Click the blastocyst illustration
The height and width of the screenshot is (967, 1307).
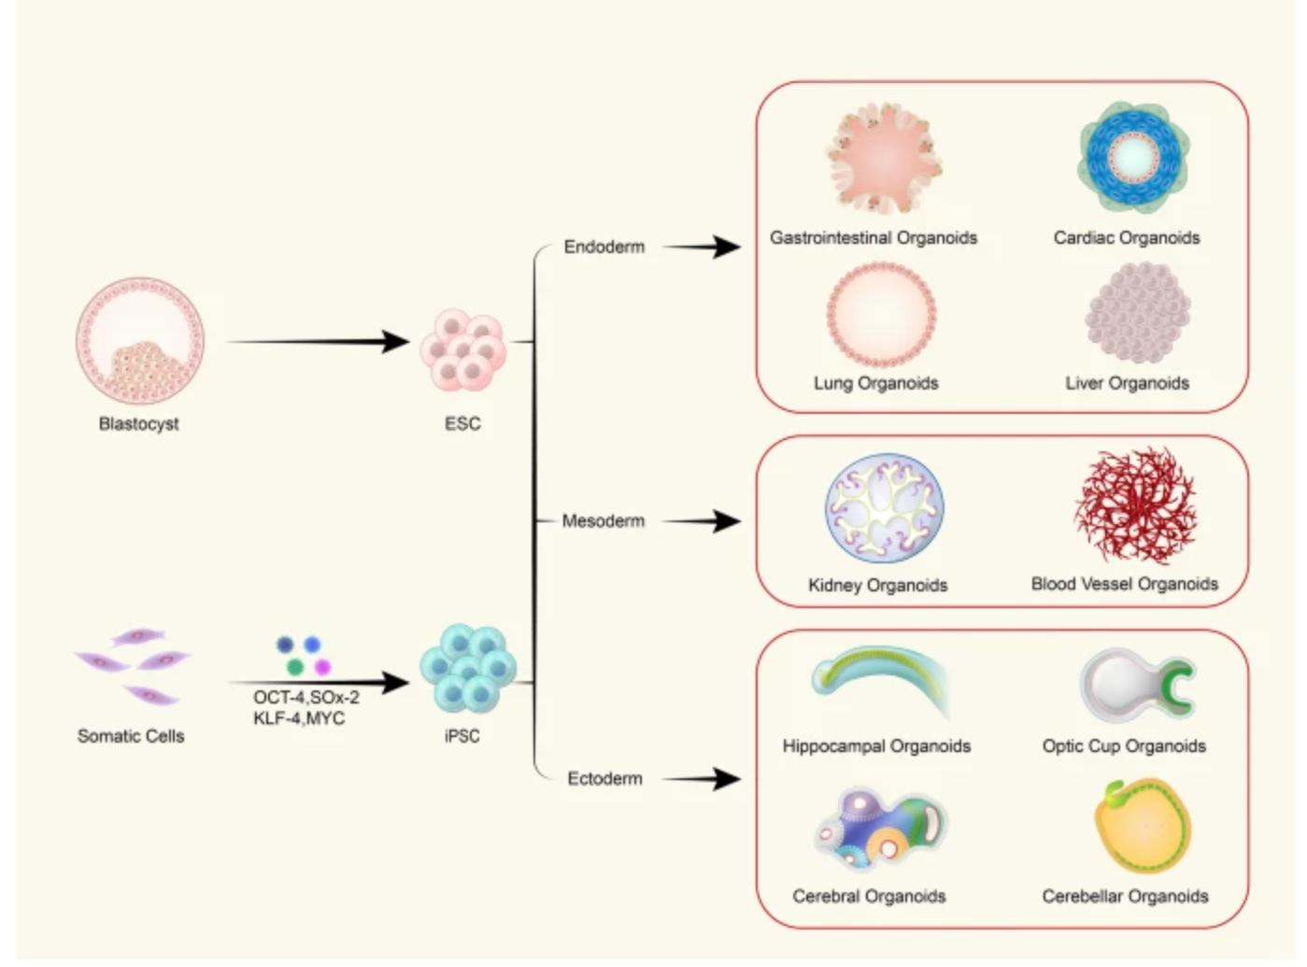139,340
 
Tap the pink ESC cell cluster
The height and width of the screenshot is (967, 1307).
462,349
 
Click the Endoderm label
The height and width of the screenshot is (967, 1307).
604,248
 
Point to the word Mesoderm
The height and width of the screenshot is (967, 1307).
603,521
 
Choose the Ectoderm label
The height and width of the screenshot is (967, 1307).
604,779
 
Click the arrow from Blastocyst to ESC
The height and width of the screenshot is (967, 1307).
318,342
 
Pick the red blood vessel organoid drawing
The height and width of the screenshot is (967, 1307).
1135,505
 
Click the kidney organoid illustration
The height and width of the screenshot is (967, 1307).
884,508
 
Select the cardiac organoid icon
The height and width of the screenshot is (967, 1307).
1133,157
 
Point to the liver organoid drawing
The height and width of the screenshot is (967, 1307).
1137,312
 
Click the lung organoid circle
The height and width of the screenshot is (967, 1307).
880,315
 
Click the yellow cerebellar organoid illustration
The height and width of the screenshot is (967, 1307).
1143,828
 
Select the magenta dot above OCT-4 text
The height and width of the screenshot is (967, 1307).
322,667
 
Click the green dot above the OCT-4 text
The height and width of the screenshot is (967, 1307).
295,667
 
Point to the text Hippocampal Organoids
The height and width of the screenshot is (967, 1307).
876,747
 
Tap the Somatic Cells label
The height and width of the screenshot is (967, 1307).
131,736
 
